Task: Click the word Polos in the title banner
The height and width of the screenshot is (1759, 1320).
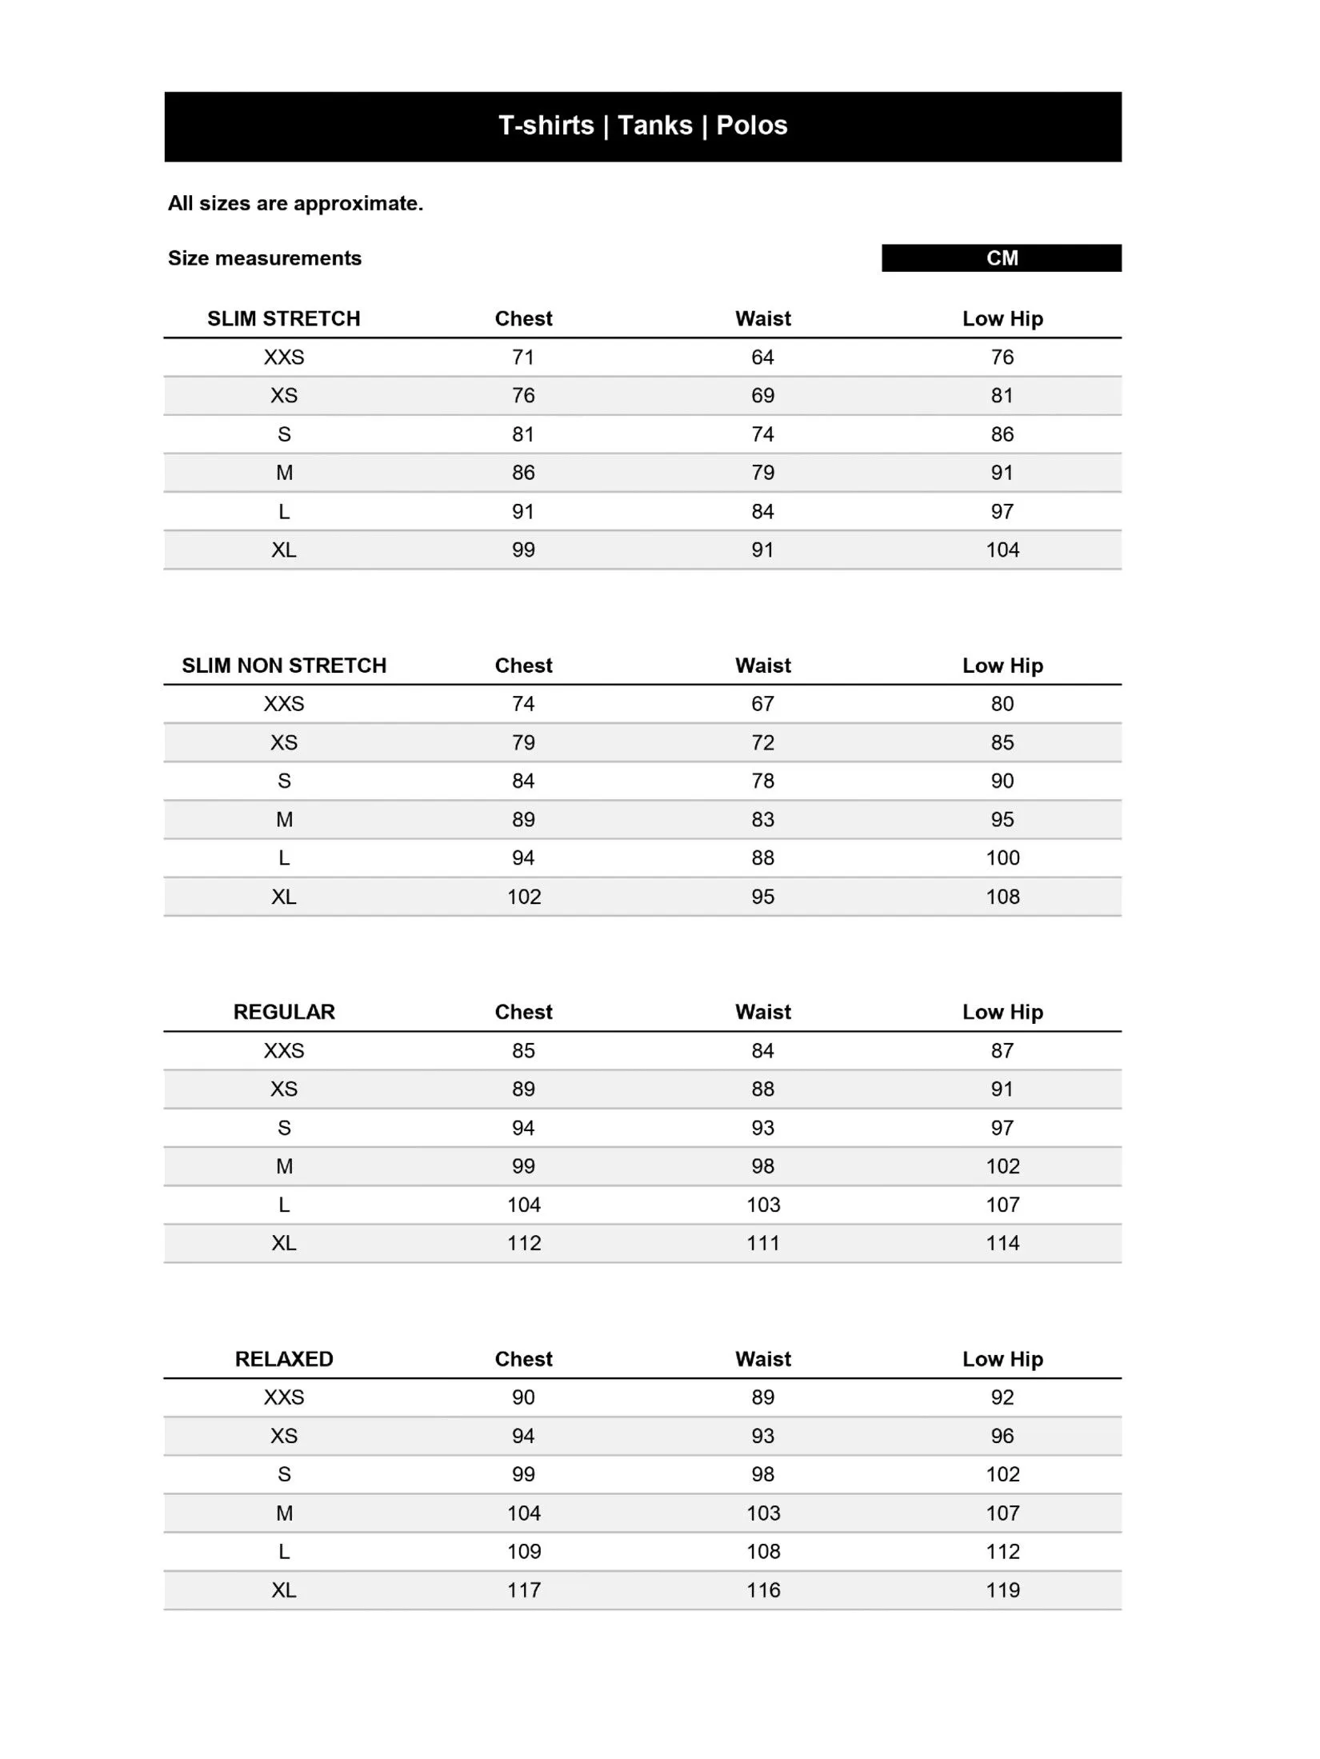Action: point(751,126)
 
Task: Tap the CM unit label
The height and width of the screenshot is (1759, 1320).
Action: point(1002,258)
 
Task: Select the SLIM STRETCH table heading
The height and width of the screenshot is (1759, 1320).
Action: point(284,318)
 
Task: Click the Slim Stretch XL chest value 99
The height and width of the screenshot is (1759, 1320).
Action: point(523,550)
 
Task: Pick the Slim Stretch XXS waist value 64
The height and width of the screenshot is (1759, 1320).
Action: point(762,358)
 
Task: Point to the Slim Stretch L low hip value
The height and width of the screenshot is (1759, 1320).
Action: point(1002,512)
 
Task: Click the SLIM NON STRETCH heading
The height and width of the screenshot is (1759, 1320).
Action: point(284,666)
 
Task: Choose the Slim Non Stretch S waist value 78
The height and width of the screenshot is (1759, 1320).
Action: point(762,782)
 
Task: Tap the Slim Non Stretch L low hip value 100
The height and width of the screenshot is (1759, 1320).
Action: point(1002,858)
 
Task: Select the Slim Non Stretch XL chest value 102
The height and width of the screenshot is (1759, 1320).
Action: point(524,897)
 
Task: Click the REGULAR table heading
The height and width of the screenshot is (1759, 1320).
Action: point(284,1012)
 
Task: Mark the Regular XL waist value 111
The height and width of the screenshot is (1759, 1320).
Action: point(763,1243)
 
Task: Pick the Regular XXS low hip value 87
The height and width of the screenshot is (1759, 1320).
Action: point(1002,1051)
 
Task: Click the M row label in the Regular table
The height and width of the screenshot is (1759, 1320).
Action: point(284,1166)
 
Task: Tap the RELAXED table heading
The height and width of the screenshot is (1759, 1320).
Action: point(284,1359)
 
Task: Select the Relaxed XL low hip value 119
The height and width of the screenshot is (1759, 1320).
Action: point(1002,1590)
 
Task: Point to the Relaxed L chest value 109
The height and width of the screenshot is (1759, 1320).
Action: point(524,1552)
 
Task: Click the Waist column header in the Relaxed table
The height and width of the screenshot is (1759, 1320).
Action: point(763,1359)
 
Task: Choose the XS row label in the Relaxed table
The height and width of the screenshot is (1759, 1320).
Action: point(284,1436)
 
